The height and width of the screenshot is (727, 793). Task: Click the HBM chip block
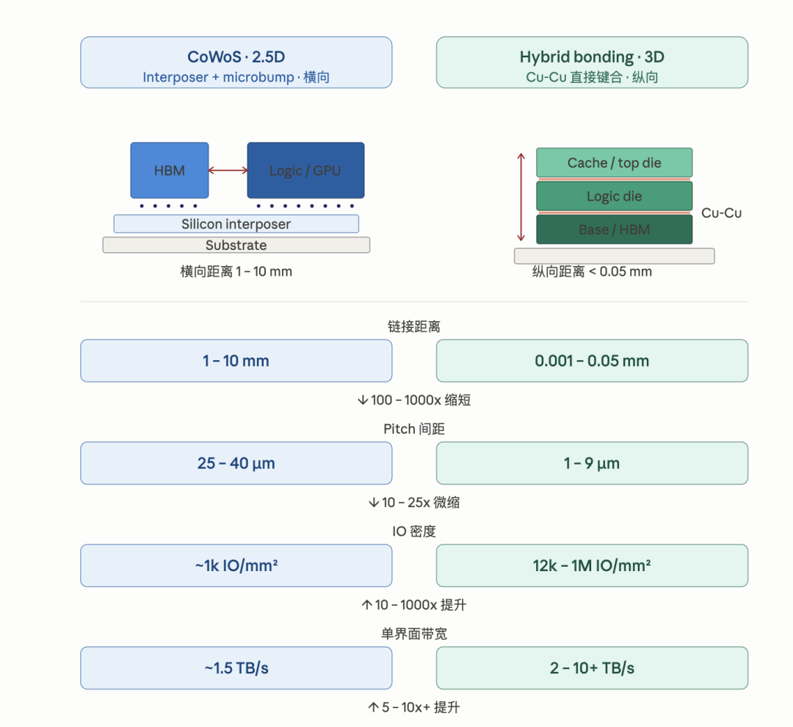point(170,170)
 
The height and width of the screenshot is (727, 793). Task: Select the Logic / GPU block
point(305,170)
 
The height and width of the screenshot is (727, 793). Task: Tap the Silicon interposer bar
point(236,223)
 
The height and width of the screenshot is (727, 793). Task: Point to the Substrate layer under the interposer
point(236,245)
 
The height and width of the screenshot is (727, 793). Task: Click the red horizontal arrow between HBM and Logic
point(228,170)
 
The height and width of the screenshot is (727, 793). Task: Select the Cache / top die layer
point(615,162)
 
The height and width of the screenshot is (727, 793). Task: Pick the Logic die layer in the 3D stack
point(615,196)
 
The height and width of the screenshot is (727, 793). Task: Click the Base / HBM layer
point(615,229)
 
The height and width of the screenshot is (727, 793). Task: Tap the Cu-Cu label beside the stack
point(721,213)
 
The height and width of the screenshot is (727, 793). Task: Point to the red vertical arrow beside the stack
point(521,197)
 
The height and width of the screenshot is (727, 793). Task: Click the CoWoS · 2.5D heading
point(236,57)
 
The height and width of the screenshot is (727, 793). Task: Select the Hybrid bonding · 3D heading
point(593,57)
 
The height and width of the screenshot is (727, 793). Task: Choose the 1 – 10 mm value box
point(236,360)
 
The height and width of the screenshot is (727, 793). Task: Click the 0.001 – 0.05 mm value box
point(593,360)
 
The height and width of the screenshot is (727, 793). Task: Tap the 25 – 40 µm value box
point(236,463)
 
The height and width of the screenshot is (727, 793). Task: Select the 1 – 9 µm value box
point(593,463)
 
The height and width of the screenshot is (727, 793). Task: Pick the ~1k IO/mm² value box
point(236,565)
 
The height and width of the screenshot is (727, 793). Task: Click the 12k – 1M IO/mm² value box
point(593,565)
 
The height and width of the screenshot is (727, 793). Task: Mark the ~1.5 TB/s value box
point(236,667)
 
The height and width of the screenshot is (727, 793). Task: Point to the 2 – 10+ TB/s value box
point(593,667)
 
